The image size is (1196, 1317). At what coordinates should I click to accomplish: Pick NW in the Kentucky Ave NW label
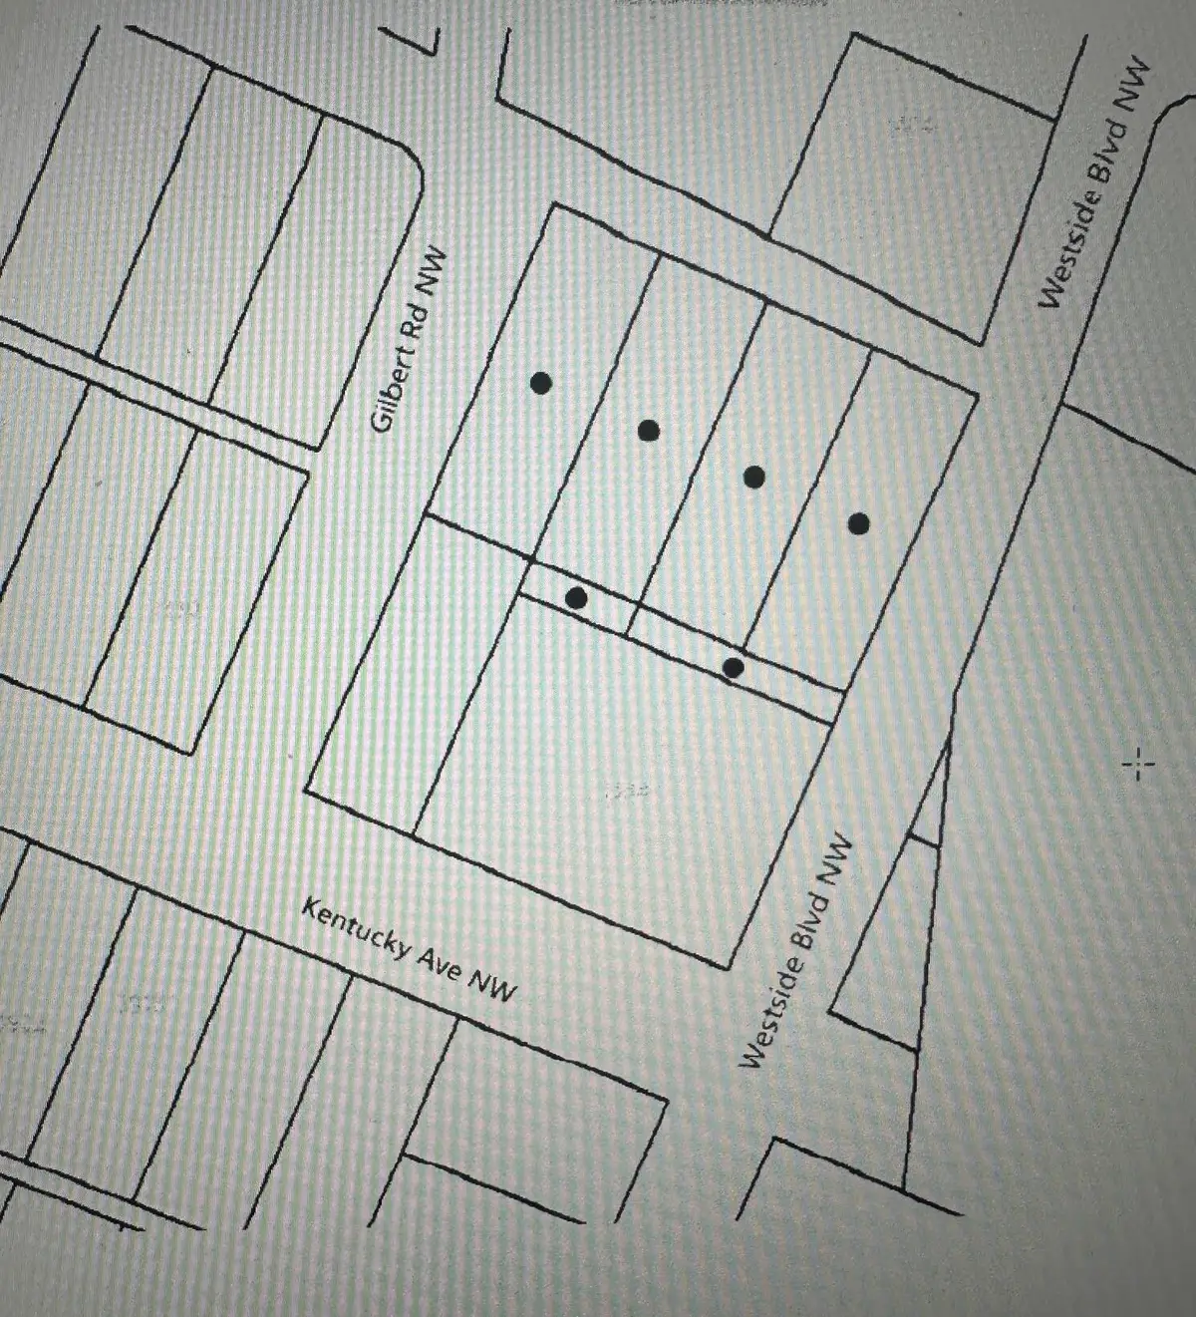494,988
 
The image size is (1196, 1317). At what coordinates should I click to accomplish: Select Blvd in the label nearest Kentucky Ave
810,918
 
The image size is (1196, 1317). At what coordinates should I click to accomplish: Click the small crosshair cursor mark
1138,766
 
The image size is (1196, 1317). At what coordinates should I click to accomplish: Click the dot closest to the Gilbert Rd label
541,383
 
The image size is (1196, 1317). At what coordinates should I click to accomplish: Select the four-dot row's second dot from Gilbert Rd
649,431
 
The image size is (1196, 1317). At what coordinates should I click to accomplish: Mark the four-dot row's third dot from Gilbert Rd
754,478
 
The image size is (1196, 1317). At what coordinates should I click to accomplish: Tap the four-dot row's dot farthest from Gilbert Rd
859,523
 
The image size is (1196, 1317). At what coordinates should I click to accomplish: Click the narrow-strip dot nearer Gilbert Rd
576,598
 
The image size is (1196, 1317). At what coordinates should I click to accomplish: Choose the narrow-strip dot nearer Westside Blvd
734,667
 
